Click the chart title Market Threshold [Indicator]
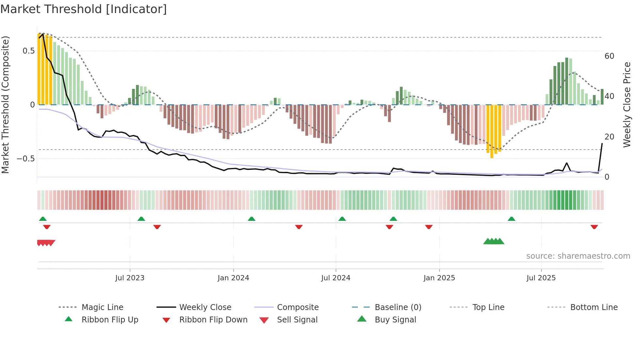click(84, 9)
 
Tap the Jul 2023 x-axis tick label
click(130, 278)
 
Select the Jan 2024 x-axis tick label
click(233, 278)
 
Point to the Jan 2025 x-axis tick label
click(439, 278)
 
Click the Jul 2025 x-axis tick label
click(541, 278)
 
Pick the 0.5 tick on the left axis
click(29, 51)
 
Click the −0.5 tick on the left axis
click(26, 159)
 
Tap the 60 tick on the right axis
click(609, 56)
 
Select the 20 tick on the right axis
click(609, 137)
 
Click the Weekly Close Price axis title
click(627, 105)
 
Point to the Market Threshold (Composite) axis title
click(5, 105)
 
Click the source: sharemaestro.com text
click(578, 256)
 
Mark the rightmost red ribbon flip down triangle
click(594, 227)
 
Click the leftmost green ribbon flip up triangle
click(43, 219)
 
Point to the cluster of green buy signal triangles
click(494, 241)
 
